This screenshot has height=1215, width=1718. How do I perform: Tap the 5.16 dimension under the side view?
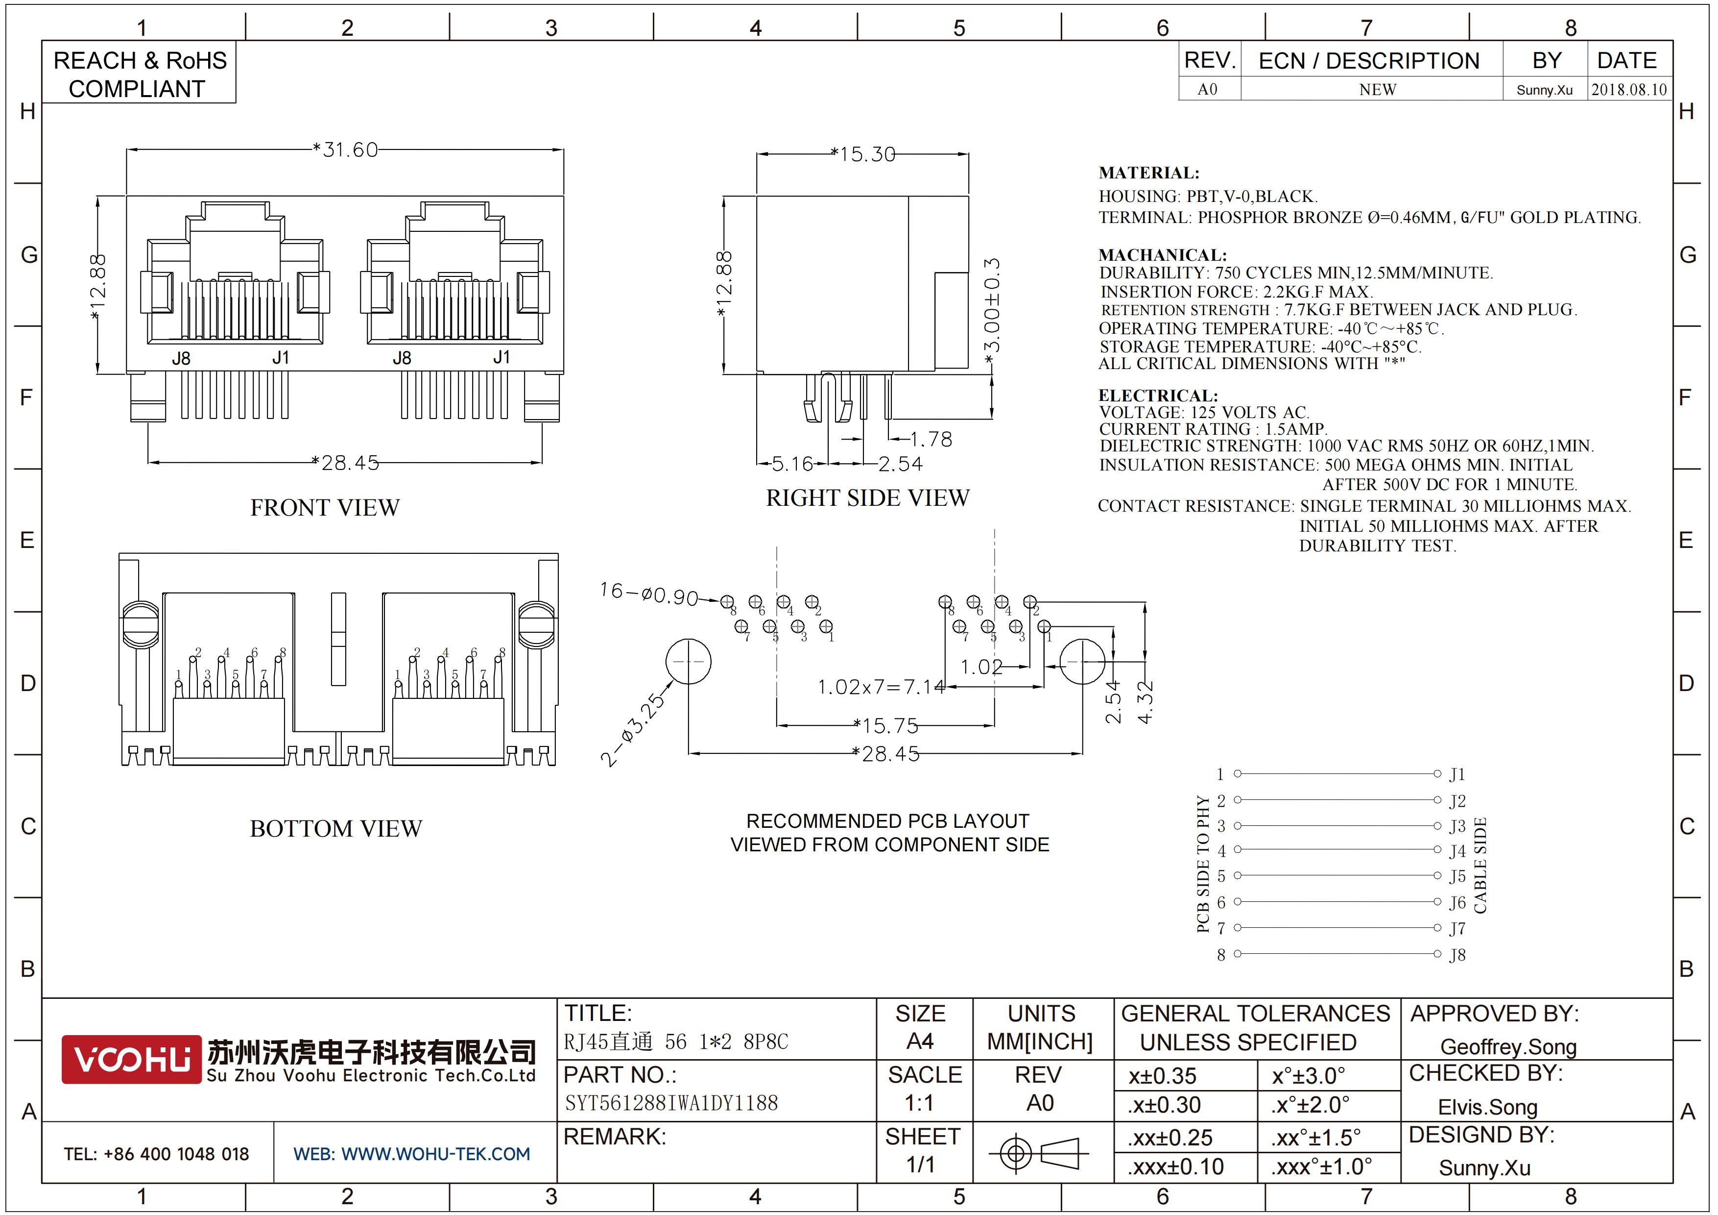(791, 464)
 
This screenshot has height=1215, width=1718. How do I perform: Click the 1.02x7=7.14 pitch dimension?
(881, 687)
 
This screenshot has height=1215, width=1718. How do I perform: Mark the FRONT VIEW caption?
(325, 508)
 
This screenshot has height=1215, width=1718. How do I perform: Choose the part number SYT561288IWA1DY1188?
(671, 1103)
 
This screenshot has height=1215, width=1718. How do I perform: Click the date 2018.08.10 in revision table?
(1628, 90)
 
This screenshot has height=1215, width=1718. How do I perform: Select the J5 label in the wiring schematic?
(1456, 876)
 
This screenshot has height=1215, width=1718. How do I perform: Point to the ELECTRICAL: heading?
(1158, 395)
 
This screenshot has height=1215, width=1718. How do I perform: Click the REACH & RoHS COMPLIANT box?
(139, 74)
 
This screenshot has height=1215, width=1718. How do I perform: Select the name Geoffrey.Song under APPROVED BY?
(1508, 1046)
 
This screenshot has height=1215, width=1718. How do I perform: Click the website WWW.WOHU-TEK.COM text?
(411, 1154)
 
